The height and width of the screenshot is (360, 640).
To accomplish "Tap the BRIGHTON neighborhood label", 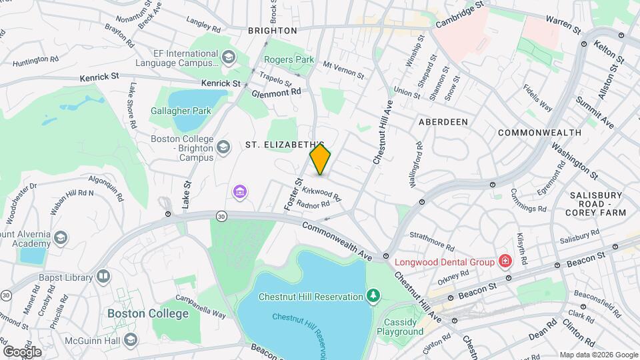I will coord(272,31).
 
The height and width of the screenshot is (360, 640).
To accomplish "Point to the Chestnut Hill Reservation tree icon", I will coord(375,295).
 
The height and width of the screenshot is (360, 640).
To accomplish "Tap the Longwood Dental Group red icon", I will coord(506,261).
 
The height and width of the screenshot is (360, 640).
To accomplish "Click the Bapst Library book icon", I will coord(103,275).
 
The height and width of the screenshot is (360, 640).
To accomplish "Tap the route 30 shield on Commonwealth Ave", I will coord(221,215).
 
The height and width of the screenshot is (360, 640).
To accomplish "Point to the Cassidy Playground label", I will coord(400,327).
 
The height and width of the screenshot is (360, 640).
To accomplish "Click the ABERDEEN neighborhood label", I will coord(443,122).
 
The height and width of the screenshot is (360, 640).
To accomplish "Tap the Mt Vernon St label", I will coord(343,70).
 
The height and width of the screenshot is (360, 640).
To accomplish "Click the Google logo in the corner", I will coord(21,351).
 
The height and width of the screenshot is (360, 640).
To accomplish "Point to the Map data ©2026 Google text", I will coord(598,355).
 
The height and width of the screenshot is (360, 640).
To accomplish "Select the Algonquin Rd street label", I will coord(98,188).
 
